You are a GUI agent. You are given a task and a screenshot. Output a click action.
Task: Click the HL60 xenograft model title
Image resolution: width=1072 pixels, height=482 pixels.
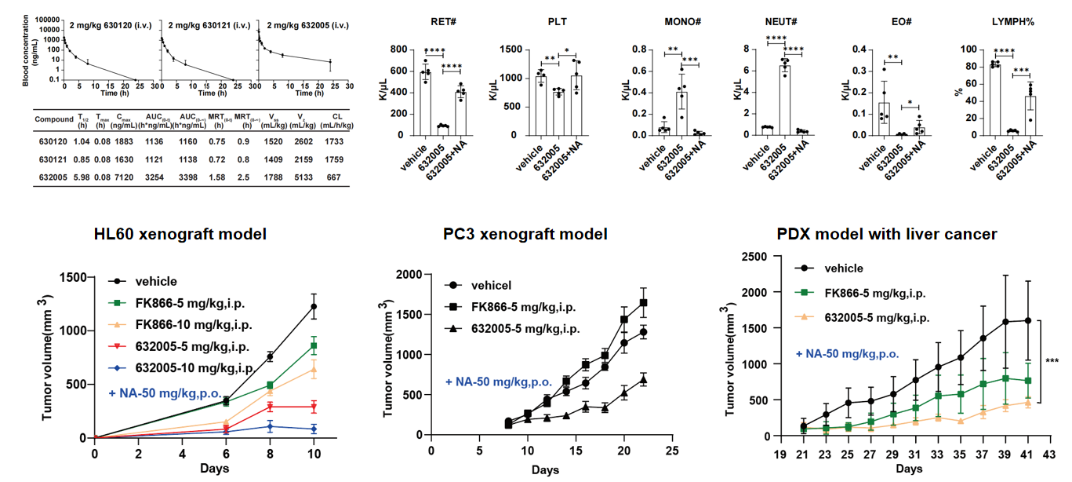coord(180,234)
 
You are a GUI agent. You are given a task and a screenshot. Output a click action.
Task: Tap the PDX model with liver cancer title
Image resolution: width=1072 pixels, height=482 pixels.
coord(887,234)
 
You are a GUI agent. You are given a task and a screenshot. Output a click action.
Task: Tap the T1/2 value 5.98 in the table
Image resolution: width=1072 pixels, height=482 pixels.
coord(80,177)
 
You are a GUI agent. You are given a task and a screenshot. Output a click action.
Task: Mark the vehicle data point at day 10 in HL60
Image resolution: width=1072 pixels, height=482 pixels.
coord(314,306)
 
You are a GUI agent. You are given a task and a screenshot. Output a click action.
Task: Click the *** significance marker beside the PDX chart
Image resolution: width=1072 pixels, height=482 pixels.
coord(1052,360)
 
